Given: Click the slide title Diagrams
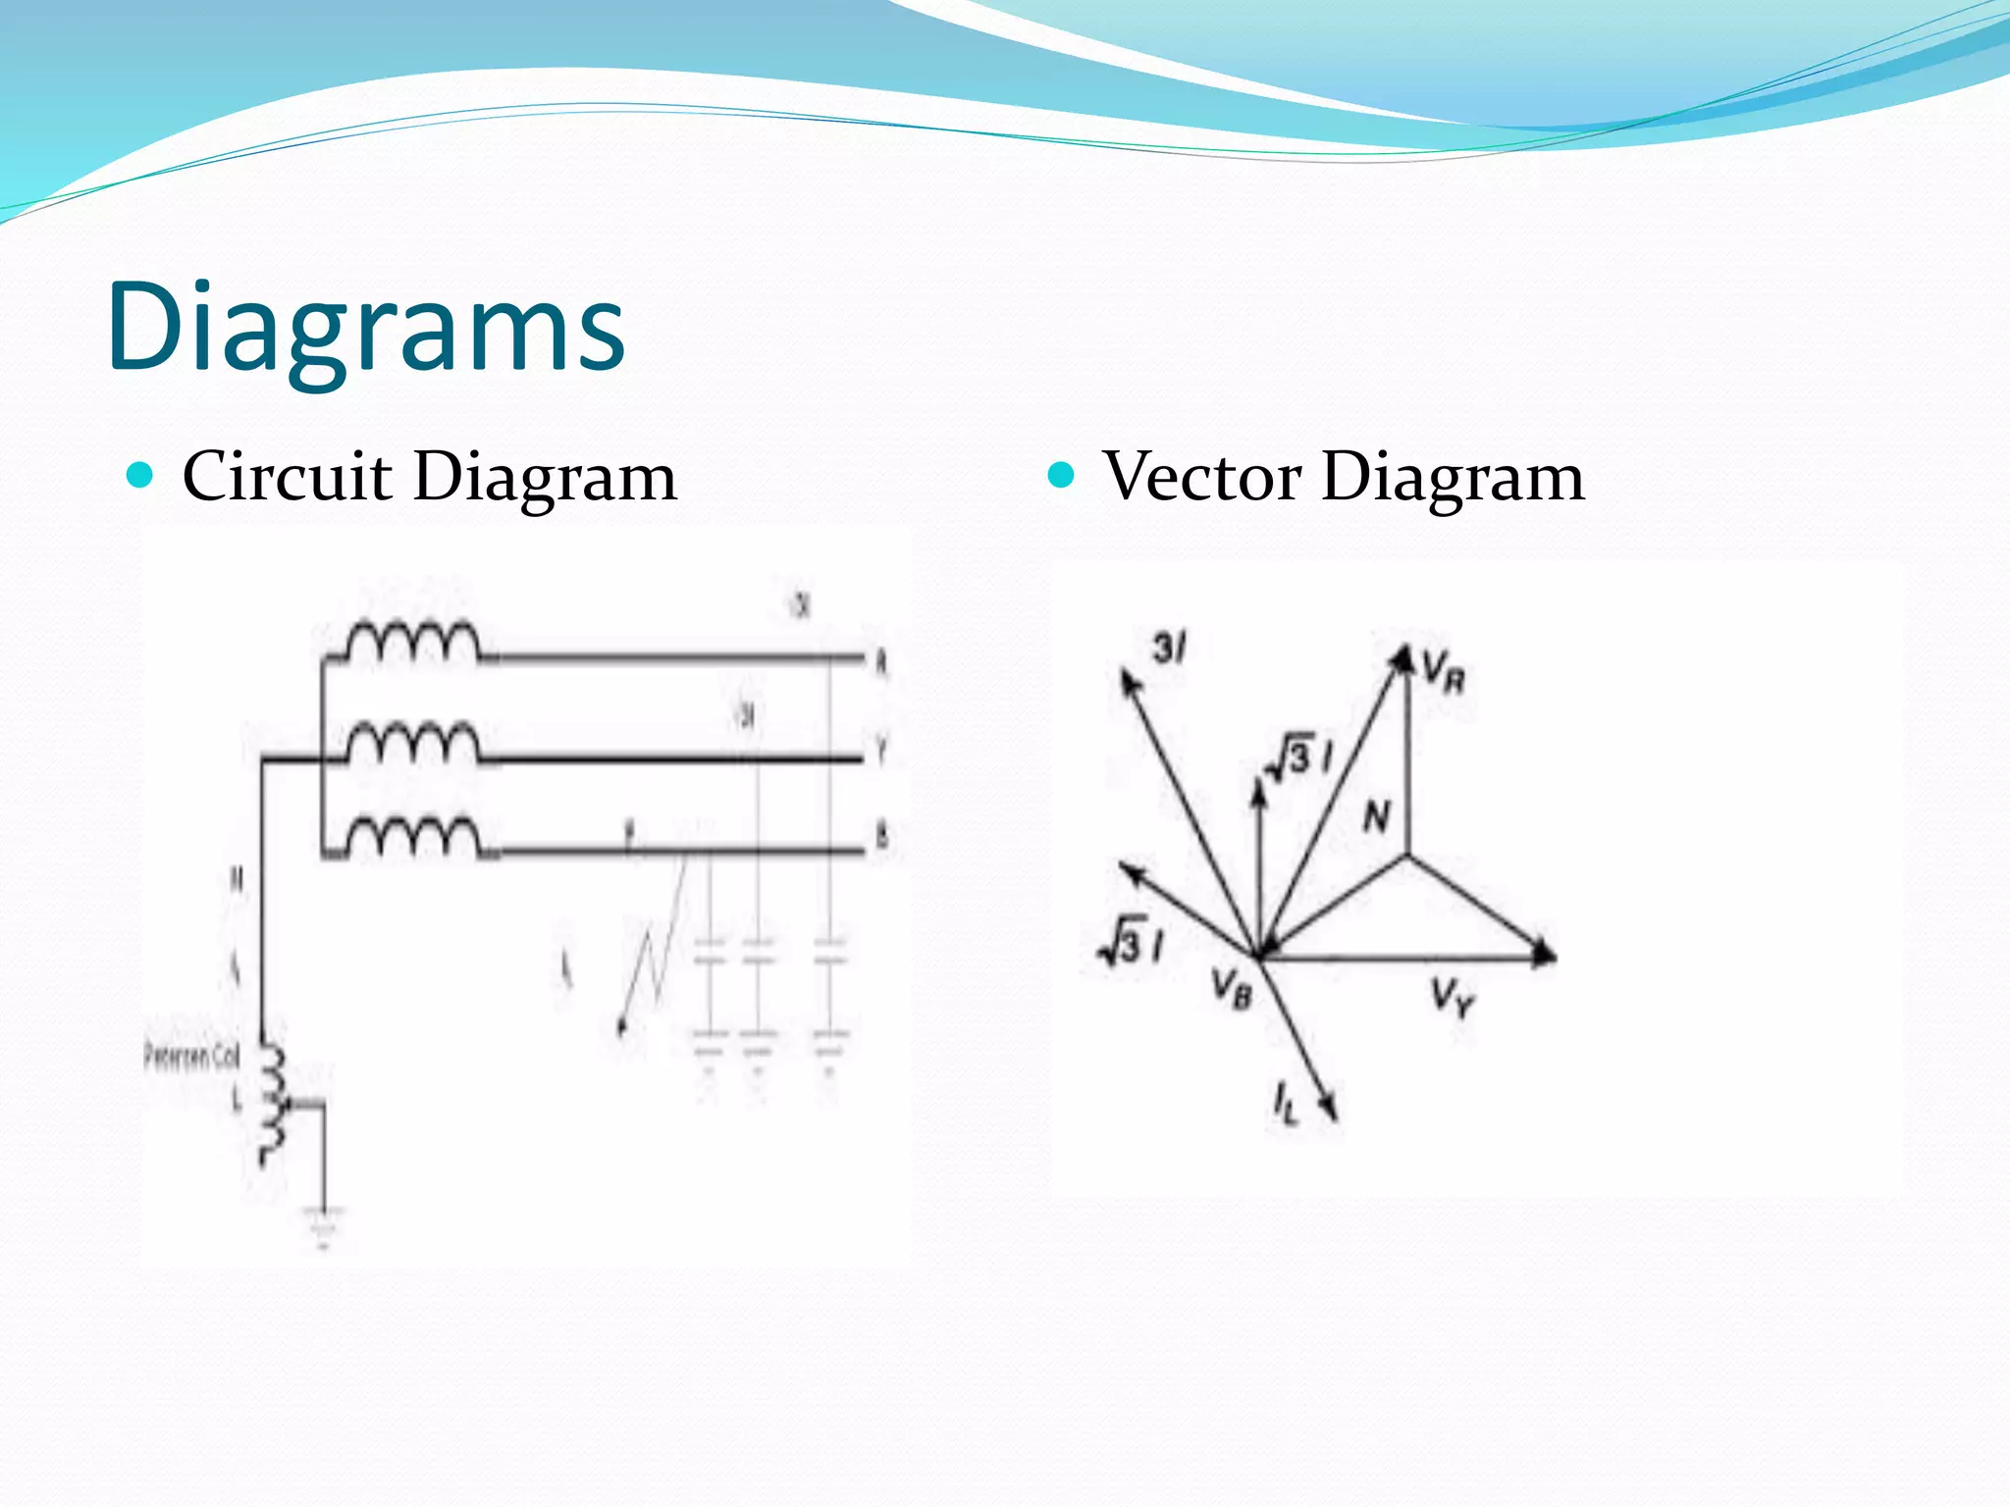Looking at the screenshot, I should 365,327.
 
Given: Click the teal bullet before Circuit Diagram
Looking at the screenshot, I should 141,476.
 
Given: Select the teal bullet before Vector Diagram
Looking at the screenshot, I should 1062,476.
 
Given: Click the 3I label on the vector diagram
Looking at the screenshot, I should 1170,648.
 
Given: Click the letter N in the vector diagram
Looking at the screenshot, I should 1377,815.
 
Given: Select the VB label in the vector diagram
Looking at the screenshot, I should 1232,986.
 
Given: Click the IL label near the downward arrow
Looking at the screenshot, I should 1285,1101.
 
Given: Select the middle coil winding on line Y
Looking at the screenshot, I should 413,744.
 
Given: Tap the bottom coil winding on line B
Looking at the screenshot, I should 413,838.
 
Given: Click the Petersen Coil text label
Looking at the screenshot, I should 191,1057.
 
